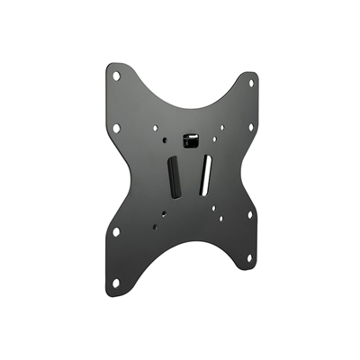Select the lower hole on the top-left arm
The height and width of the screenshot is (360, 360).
coord(117,127)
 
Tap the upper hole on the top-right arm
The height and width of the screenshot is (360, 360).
coord(251,84)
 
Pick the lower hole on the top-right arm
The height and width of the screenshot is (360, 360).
coord(251,126)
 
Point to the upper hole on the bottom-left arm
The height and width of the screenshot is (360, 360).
coord(116,231)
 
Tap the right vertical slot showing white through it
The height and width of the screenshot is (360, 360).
coord(205,173)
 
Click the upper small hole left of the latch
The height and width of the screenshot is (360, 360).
coord(154,127)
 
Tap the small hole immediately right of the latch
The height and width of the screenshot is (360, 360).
coord(212,140)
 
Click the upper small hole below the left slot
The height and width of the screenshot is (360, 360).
coord(166,213)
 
